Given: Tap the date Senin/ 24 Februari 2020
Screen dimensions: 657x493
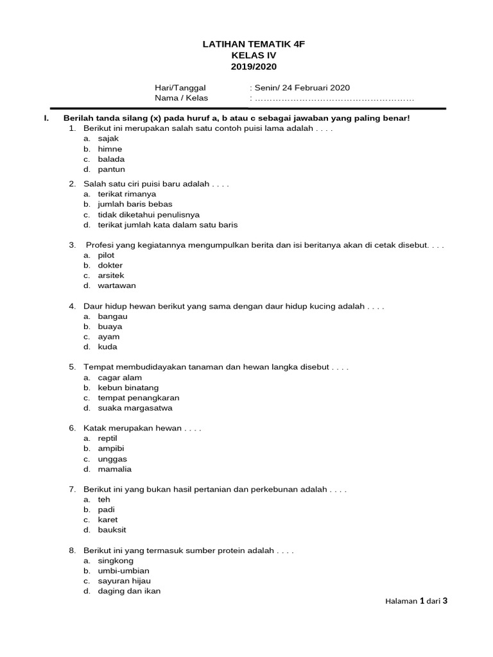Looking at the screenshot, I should tap(302, 88).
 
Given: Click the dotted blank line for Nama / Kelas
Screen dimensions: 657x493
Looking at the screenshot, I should tap(334, 99).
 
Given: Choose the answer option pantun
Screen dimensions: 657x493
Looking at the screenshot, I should tap(111, 169).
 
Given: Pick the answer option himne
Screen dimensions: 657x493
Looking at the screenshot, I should tap(110, 149).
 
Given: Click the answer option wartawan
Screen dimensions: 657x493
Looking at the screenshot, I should tap(117, 286).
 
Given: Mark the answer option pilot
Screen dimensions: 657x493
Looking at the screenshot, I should tap(107, 255).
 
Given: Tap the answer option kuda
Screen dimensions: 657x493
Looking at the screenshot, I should tap(107, 347).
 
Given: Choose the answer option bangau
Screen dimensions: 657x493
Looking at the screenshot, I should tap(112, 316).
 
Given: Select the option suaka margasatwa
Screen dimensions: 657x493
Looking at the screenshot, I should tap(135, 408).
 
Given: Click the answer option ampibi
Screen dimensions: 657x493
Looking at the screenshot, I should tap(111, 448).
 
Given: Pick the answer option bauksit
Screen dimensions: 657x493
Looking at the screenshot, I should tap(112, 530).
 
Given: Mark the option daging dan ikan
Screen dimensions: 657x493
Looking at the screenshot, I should tap(129, 591).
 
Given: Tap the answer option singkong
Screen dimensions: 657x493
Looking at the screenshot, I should tap(116, 561).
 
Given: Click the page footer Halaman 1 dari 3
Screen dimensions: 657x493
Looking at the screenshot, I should tap(415, 601).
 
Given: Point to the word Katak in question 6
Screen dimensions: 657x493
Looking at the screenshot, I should tap(94, 428).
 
